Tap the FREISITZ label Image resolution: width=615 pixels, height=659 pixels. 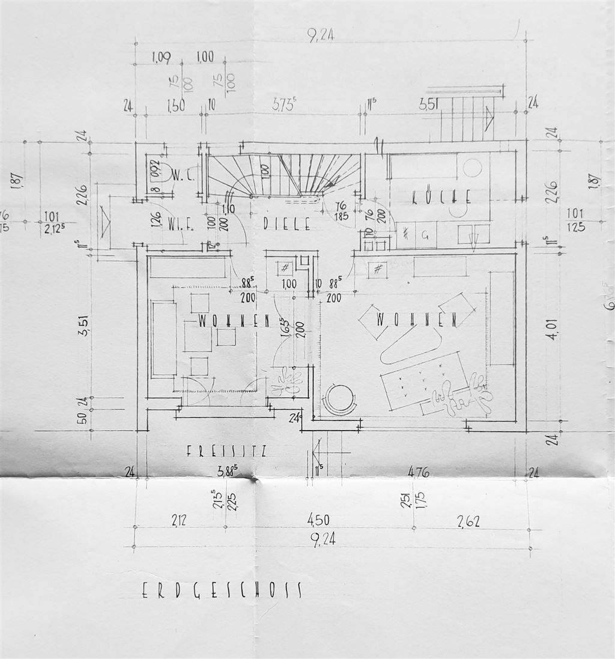226,451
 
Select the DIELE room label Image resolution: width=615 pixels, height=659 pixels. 287,225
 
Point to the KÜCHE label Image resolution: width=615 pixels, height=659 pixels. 441,196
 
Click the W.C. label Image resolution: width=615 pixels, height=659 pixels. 181,175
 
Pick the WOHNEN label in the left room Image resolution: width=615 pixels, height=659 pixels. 233,321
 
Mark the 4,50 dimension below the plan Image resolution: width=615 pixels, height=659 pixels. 318,520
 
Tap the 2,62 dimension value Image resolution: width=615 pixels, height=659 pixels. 468,521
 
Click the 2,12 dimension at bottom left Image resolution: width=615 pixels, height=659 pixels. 178,521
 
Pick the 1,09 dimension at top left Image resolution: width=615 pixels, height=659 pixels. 161,58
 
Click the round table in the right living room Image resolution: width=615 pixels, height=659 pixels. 340,399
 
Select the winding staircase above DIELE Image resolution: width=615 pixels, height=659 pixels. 282,175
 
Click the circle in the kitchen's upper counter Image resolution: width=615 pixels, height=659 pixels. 472,168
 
